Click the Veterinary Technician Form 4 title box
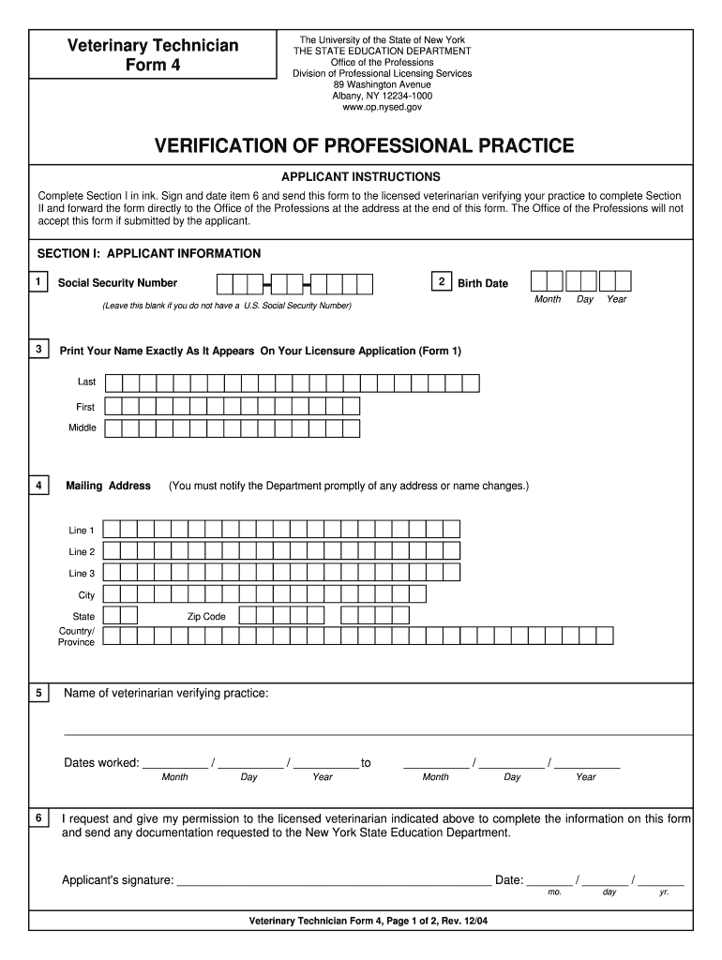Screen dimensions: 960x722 pos(149,55)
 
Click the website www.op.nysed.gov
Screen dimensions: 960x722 pos(382,108)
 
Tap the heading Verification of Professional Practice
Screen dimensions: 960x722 pos(364,145)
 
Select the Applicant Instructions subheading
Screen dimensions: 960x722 pos(361,176)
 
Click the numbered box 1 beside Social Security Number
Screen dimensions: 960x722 pos(38,282)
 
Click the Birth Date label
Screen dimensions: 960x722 pos(483,283)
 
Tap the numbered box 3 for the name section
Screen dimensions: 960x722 pos(38,350)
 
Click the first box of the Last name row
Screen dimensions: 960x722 pos(113,382)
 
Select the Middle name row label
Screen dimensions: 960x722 pos(83,428)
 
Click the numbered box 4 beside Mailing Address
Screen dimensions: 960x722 pos(38,486)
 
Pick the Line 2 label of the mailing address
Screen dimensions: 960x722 pos(82,552)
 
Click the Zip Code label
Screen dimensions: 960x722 pos(206,617)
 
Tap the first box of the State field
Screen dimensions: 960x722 pos(111,615)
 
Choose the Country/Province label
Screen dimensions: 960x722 pos(77,637)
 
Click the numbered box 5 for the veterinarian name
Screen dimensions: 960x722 pos(38,693)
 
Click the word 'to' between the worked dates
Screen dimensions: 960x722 pos(366,763)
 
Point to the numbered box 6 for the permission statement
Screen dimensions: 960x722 pos(38,818)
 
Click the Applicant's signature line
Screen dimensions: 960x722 pos(333,881)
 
